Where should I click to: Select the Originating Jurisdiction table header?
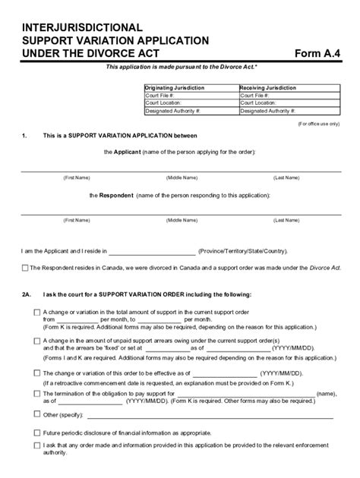175,88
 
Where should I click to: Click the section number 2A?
27,294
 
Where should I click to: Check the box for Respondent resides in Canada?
25,268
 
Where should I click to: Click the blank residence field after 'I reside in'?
152,252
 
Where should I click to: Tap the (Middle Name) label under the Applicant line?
181,178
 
